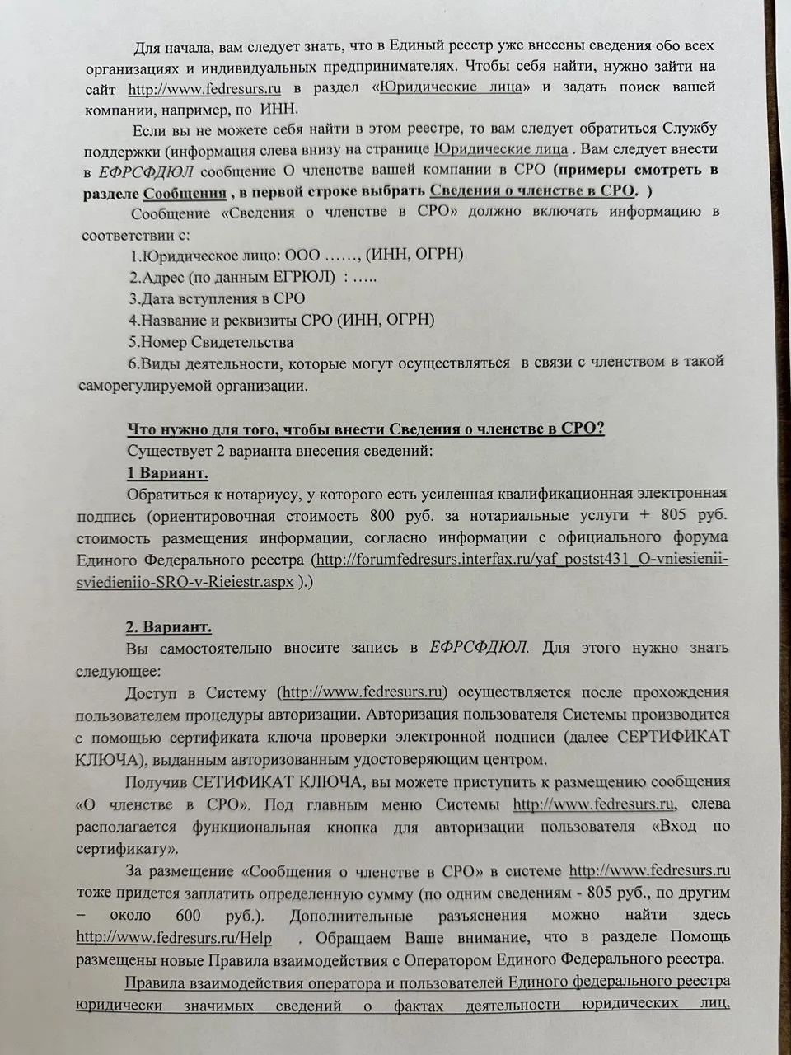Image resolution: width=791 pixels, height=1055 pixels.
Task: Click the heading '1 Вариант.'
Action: point(166,473)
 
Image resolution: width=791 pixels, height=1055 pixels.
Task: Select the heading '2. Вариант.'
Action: point(168,627)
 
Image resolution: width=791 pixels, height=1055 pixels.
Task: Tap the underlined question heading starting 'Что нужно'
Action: point(366,429)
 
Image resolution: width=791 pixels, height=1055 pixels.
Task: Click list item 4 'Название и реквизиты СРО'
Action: point(281,320)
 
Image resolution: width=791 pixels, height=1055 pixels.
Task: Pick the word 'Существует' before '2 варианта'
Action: point(167,451)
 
